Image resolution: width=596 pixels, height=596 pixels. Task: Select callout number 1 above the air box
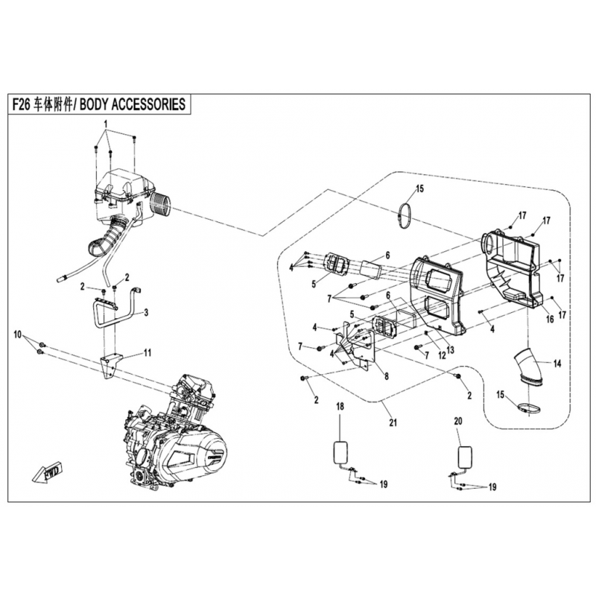[106, 123]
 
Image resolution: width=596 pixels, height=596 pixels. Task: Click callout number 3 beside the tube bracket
[146, 313]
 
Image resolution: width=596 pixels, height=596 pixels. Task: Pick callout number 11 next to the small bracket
[148, 353]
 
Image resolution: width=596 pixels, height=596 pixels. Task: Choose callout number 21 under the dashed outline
[393, 424]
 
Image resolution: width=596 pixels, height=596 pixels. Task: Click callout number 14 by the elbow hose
[556, 364]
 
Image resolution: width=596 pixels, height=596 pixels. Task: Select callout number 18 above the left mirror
[339, 407]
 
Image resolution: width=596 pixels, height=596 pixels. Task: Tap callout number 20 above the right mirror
[457, 422]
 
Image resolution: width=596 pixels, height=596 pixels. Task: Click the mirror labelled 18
[340, 451]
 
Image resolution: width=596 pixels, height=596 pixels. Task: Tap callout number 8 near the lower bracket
[385, 377]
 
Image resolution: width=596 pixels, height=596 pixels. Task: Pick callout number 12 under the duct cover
[441, 355]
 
